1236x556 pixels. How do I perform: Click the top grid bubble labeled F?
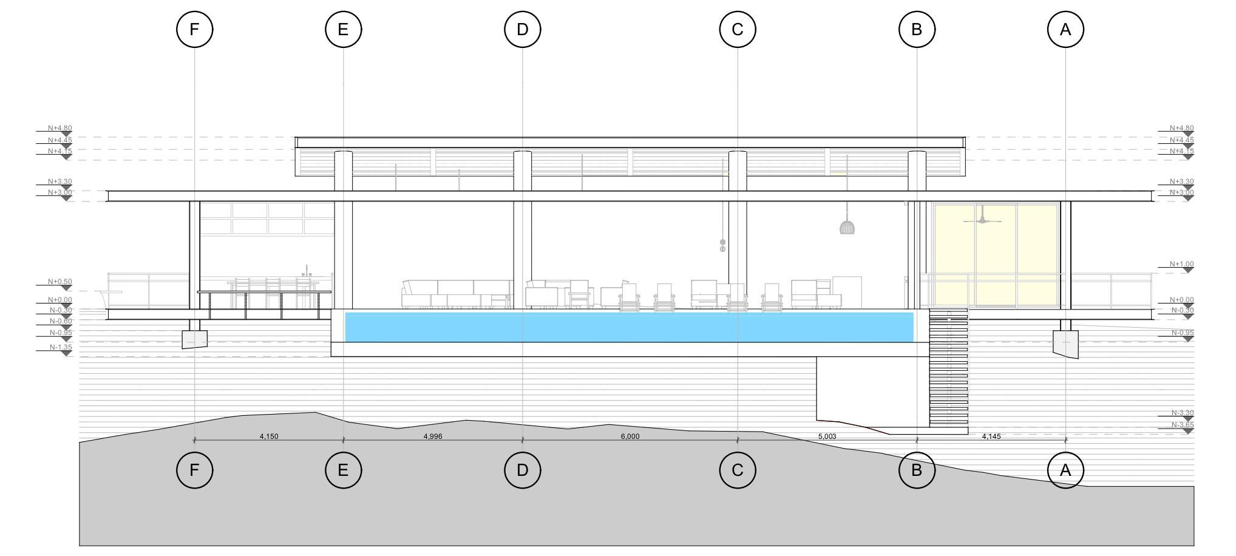pos(194,29)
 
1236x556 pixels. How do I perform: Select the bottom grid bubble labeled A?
pos(1065,470)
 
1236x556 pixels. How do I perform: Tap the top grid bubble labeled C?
pos(738,29)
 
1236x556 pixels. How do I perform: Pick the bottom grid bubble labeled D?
pos(523,470)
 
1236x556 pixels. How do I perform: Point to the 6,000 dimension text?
pos(630,436)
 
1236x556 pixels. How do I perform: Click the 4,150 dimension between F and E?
pos(269,436)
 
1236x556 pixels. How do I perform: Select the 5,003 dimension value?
pos(827,436)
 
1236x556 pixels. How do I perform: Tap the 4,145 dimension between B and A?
pos(991,436)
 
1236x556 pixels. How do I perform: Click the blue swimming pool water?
pos(629,327)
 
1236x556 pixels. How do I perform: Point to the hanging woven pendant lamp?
pos(847,227)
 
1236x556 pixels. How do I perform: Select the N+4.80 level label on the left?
pos(60,129)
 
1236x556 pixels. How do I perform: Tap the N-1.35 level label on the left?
pos(61,348)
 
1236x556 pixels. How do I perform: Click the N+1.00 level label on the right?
pos(1181,265)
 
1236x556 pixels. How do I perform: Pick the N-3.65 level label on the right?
pos(1182,425)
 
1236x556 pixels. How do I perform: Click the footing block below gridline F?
pos(194,339)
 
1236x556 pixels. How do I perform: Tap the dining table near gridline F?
pos(264,292)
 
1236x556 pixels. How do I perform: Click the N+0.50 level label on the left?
pos(60,282)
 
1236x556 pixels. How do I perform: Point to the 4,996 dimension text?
pos(432,436)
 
